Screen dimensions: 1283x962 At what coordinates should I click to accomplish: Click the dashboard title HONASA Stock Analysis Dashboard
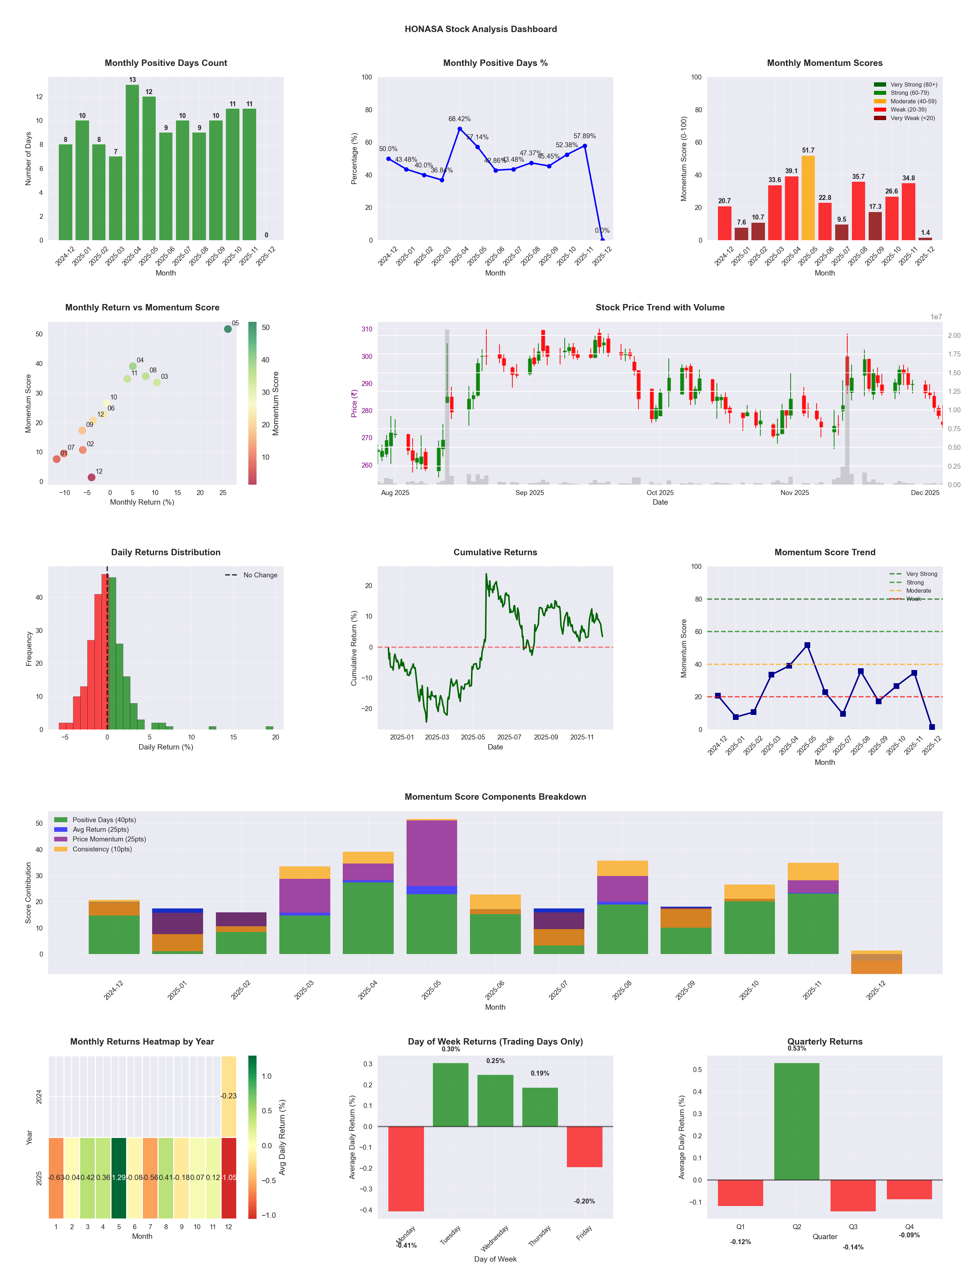pos(481,29)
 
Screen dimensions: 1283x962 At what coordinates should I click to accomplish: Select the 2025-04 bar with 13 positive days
pos(132,163)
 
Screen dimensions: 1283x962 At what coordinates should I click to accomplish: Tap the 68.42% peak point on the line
pos(460,129)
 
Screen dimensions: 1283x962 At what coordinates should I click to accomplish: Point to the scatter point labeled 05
pos(228,329)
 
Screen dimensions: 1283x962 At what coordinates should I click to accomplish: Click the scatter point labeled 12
pos(92,477)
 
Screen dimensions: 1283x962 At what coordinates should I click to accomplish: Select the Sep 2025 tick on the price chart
pos(529,493)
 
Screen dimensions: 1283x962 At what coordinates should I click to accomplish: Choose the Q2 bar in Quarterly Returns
pos(797,1121)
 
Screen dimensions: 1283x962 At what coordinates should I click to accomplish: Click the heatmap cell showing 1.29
pos(119,1178)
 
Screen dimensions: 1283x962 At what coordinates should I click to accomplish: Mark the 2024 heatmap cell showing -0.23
pos(228,1096)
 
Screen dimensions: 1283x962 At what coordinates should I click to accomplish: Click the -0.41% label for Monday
pos(407,1245)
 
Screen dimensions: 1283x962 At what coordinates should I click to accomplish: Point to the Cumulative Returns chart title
pos(495,552)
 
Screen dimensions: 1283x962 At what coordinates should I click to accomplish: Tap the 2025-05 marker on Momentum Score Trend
pos(807,645)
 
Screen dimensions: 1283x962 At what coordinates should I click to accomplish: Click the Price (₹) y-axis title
pos(354,403)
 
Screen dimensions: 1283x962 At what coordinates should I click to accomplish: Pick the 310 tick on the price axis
pos(367,329)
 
